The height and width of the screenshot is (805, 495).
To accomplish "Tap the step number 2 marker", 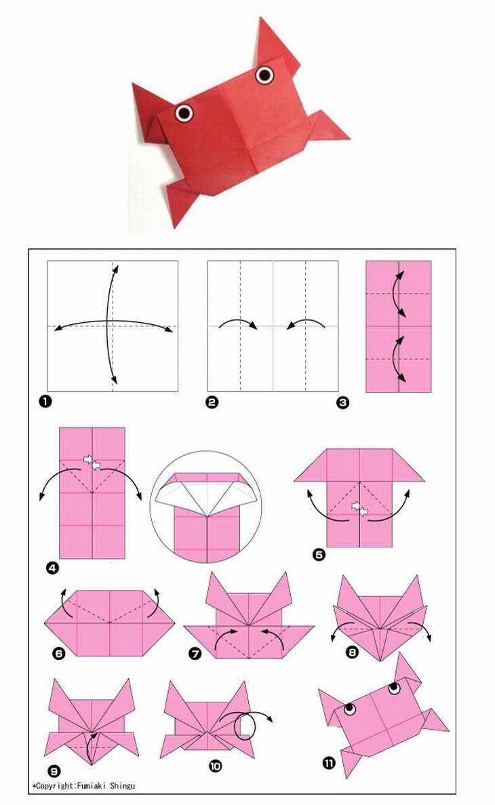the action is point(212,402).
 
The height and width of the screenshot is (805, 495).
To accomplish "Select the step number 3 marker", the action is point(343,403).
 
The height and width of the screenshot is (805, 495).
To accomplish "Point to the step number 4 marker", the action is point(53,568).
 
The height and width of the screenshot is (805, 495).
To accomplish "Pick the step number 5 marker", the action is point(319,555).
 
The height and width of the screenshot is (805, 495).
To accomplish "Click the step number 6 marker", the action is point(58,653).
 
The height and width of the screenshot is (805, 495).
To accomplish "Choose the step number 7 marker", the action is point(195,654).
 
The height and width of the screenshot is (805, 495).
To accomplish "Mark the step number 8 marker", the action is point(352,652).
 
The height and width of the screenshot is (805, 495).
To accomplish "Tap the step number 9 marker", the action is point(54,771).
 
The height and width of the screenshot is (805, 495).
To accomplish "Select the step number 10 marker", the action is point(216,766).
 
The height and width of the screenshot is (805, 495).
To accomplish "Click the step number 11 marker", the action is point(329,764).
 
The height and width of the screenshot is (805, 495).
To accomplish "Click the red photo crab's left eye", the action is point(184,113).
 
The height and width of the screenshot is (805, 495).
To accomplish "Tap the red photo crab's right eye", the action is point(264,75).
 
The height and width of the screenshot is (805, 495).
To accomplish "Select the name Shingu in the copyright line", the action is point(123,785).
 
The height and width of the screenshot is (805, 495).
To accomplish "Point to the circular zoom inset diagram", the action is point(206,507).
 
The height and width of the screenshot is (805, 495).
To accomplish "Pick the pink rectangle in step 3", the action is point(399,326).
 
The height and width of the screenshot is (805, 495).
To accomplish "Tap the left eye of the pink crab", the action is point(350,709).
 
